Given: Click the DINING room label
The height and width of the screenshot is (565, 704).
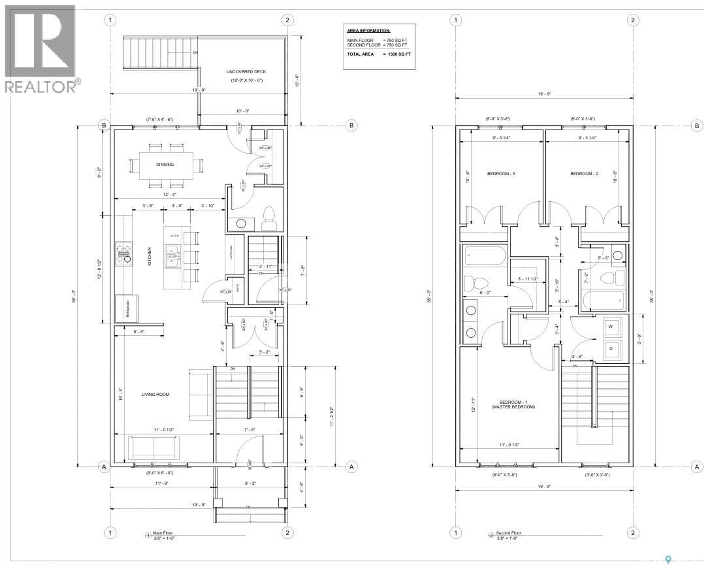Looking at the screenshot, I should (165, 164).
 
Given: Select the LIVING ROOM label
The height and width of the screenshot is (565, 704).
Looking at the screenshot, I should (155, 394).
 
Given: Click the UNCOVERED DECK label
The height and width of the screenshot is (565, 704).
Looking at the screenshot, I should (246, 72).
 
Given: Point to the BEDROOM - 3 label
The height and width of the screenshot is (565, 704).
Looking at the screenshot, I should (501, 173).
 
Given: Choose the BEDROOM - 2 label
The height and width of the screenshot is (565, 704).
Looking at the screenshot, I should (584, 173).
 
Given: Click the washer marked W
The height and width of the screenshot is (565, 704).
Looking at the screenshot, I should (610, 326).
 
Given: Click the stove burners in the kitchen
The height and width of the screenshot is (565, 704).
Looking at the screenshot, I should (123, 253).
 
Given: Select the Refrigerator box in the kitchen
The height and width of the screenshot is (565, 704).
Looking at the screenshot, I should (127, 308).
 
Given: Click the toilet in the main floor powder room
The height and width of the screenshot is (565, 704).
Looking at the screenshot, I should (269, 218).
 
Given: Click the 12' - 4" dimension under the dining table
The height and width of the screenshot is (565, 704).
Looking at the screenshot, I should (169, 194).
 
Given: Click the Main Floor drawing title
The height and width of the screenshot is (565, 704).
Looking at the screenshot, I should (163, 533).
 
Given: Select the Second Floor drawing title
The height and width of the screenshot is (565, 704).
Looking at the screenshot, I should (508, 533).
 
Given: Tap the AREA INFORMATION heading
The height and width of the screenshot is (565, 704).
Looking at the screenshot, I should (368, 31).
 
